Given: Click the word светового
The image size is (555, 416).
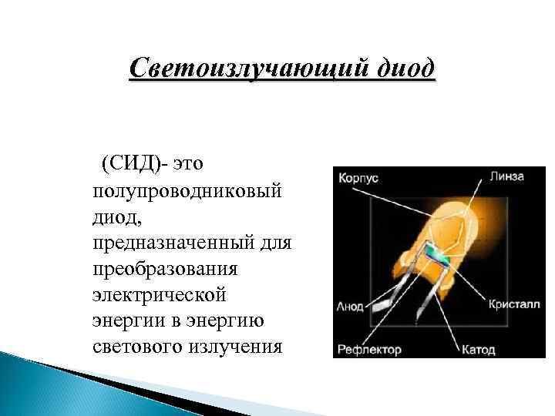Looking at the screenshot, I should (x=136, y=346).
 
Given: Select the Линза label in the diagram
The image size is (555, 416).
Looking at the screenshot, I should (x=506, y=176).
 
